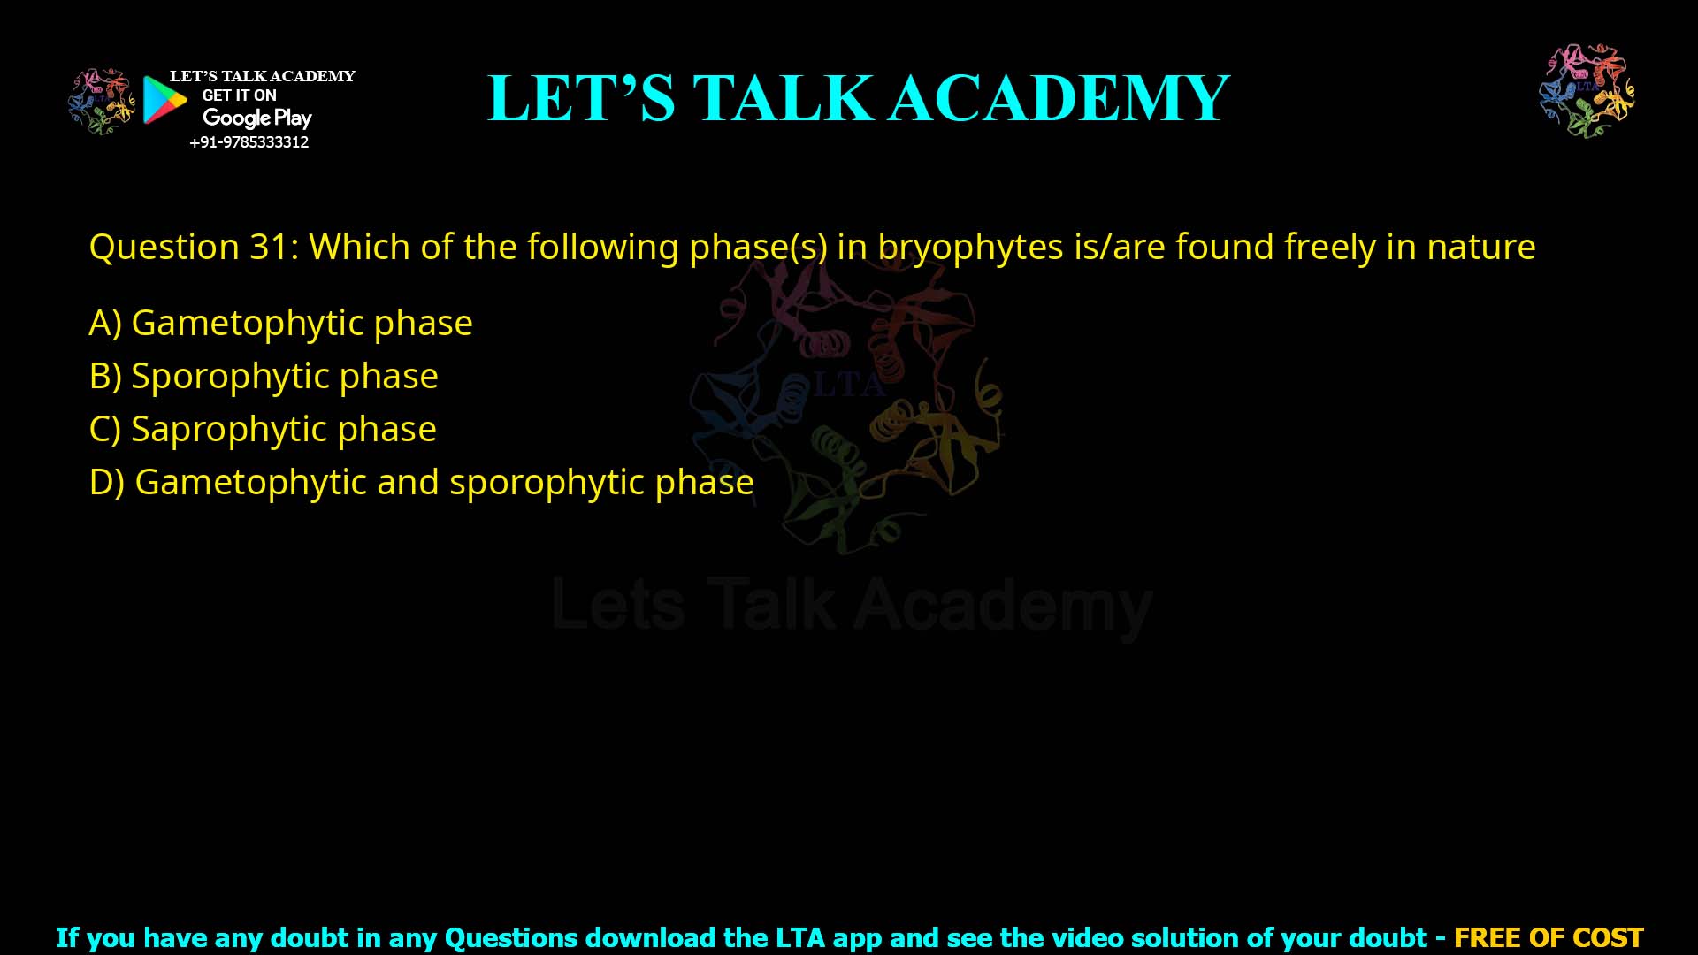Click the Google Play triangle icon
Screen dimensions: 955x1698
(x=164, y=100)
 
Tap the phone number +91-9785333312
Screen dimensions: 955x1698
(x=249, y=142)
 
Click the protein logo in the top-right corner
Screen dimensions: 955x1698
(x=1587, y=91)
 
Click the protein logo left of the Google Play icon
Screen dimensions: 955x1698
(x=102, y=101)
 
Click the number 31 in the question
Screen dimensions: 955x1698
(x=269, y=247)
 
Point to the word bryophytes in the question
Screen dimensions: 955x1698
(x=970, y=247)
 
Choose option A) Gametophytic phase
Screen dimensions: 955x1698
(x=280, y=323)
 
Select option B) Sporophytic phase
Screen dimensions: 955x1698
(x=264, y=376)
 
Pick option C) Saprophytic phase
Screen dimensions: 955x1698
(x=263, y=429)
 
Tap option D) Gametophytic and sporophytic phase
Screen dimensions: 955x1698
(x=421, y=482)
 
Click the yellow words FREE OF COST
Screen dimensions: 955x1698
(x=1548, y=937)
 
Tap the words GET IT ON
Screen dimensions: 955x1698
(x=239, y=95)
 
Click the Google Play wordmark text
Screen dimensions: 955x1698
(x=256, y=118)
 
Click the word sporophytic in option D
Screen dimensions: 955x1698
(x=546, y=483)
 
